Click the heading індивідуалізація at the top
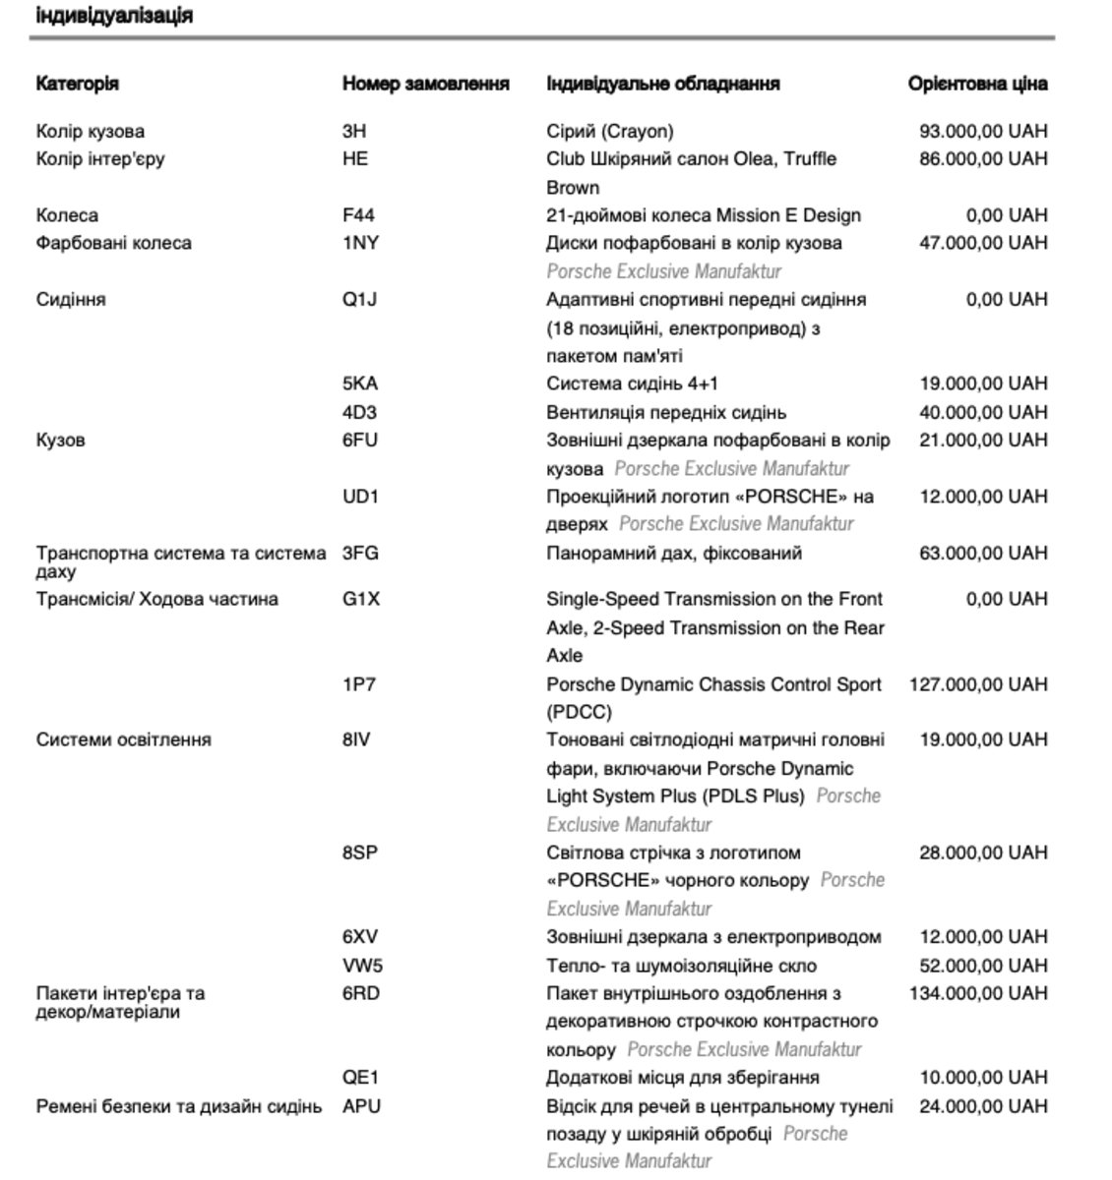(x=113, y=16)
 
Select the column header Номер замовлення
(x=425, y=84)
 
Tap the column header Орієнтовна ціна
(x=977, y=84)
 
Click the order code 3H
(x=354, y=131)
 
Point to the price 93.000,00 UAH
(x=983, y=131)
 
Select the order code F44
(x=358, y=215)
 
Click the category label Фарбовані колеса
(x=114, y=243)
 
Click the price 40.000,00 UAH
(x=983, y=412)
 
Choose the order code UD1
(x=360, y=497)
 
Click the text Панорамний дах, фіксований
(x=674, y=553)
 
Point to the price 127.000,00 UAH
(x=978, y=684)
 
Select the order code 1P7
(x=358, y=684)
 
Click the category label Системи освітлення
(x=123, y=739)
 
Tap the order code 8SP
(x=360, y=853)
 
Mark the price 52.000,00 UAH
(x=983, y=966)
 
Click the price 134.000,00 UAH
(x=978, y=993)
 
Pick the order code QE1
(x=360, y=1078)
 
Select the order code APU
(x=361, y=1106)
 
